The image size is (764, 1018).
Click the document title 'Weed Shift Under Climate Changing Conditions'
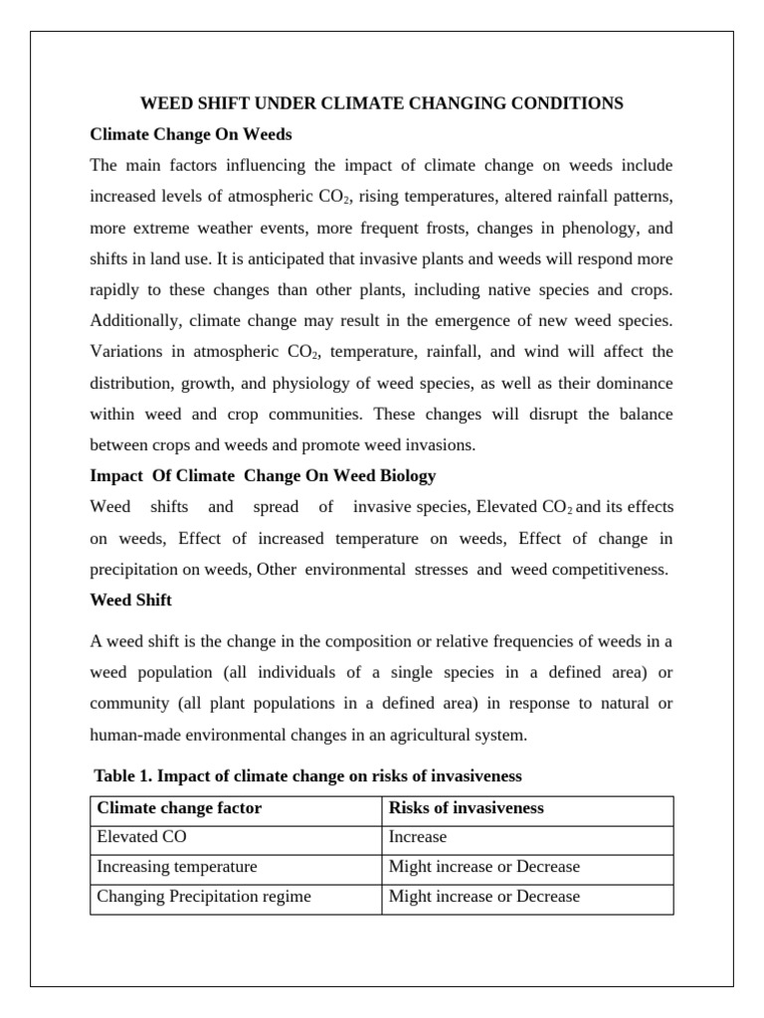click(382, 103)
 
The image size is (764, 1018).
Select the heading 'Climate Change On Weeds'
click(190, 133)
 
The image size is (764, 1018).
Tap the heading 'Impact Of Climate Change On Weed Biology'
click(263, 475)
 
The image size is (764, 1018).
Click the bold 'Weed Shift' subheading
click(130, 599)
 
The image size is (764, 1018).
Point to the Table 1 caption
click(307, 774)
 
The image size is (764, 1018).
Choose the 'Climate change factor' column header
click(179, 807)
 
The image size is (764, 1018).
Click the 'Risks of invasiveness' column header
click(466, 807)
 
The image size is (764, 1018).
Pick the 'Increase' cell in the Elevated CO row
click(418, 837)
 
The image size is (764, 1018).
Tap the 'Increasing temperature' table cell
click(176, 867)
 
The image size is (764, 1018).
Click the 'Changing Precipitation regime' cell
click(203, 897)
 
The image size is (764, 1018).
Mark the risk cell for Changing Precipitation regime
click(483, 897)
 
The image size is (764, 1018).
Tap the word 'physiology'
click(337, 383)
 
